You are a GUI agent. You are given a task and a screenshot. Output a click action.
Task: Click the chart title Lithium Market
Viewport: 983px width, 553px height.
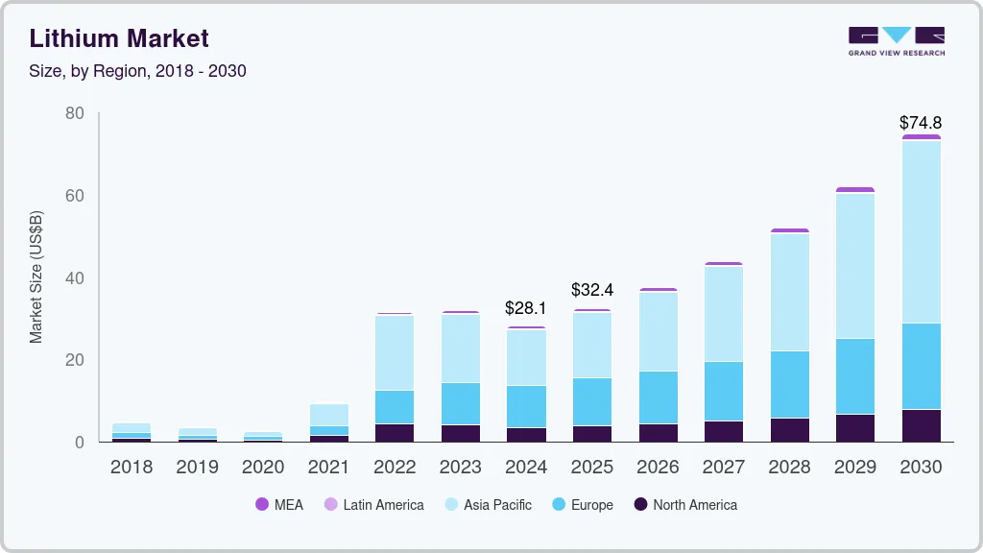pyautogui.click(x=119, y=38)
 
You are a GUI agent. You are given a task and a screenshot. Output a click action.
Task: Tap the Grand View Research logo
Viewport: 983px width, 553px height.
pyautogui.click(x=896, y=41)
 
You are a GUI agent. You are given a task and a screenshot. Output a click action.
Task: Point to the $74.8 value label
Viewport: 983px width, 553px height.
pyautogui.click(x=921, y=123)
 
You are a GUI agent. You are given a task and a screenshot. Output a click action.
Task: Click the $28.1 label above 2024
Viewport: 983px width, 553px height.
pyautogui.click(x=525, y=309)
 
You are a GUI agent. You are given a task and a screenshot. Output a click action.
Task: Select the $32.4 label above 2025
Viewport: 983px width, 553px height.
pyautogui.click(x=591, y=289)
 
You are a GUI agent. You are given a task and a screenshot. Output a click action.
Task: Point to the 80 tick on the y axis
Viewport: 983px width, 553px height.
pyautogui.click(x=75, y=113)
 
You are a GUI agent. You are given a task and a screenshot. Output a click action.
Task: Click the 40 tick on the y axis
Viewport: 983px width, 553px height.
pyautogui.click(x=75, y=278)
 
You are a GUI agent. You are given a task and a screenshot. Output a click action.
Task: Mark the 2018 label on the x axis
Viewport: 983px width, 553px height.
pyautogui.click(x=132, y=467)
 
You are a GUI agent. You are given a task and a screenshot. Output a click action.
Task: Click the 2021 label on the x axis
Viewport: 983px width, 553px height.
pyautogui.click(x=328, y=467)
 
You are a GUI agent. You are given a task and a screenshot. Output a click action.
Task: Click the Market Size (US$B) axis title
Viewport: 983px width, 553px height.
pyautogui.click(x=36, y=278)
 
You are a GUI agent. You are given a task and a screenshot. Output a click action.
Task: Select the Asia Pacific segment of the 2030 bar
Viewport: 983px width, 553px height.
pyautogui.click(x=922, y=230)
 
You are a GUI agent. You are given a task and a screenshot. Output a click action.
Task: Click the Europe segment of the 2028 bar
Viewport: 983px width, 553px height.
pyautogui.click(x=789, y=384)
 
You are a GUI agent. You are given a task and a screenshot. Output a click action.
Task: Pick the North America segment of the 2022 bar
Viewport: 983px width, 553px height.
pyautogui.click(x=395, y=432)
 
